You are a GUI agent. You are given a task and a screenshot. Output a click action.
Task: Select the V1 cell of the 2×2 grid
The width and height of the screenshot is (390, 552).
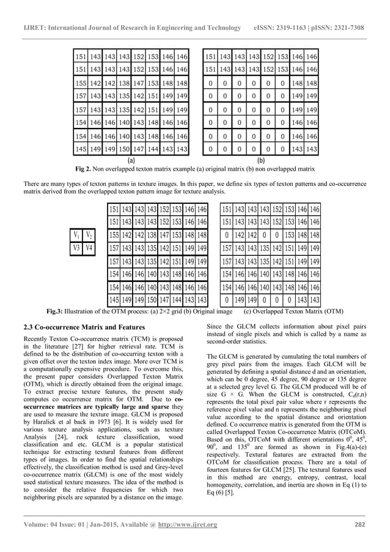pos(76,236)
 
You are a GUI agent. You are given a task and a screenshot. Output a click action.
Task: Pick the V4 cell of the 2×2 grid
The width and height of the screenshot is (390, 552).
pos(89,248)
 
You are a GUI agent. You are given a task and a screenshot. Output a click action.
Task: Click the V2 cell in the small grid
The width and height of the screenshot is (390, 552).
pos(89,236)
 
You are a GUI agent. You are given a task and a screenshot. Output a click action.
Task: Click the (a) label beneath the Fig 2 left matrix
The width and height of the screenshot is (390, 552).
pos(131,159)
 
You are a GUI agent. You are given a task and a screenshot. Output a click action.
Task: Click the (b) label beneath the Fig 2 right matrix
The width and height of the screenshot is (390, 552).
pos(260,159)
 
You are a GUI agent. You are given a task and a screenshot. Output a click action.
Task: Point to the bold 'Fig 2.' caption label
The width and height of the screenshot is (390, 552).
pos(83,168)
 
